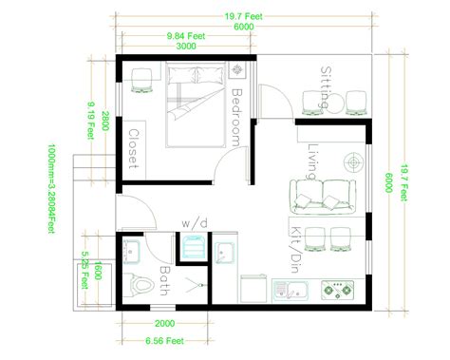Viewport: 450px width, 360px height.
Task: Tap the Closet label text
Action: click(135, 149)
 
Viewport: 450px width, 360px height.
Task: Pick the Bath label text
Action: click(165, 282)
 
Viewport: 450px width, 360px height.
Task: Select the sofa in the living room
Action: click(323, 196)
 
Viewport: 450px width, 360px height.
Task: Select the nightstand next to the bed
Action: click(236, 70)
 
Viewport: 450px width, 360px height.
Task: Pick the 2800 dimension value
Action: click(105, 123)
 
